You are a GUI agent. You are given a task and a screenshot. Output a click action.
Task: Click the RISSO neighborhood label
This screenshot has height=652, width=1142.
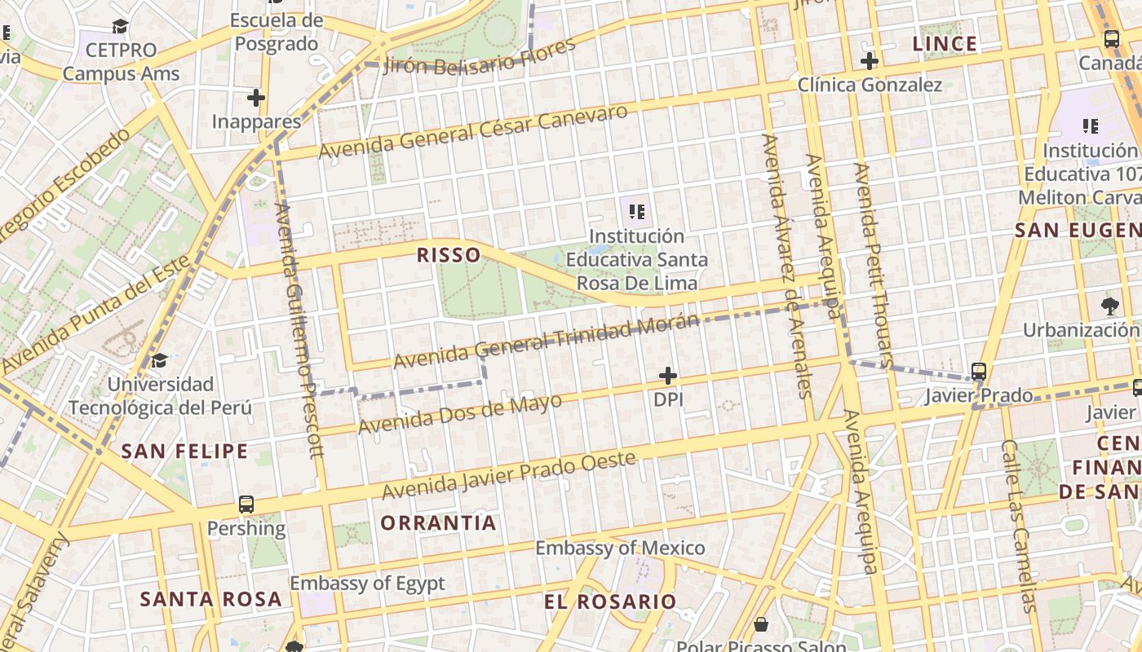449,255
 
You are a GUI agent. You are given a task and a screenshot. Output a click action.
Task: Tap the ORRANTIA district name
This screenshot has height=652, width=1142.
438,523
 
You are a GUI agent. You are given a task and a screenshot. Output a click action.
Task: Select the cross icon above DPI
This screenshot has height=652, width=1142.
668,376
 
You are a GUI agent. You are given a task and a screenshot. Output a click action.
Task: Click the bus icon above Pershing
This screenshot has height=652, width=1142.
246,504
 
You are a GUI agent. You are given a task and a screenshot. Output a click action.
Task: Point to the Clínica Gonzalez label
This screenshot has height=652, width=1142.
870,85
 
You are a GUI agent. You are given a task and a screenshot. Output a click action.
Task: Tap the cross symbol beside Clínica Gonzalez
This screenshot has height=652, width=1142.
870,60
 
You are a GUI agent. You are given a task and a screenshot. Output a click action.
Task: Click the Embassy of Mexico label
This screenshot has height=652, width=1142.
620,548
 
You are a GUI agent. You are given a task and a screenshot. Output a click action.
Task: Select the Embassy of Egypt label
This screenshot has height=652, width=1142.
368,584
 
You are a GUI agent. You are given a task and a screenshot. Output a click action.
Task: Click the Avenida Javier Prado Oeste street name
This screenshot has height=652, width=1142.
509,475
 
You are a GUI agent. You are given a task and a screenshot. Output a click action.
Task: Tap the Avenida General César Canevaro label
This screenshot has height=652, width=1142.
473,131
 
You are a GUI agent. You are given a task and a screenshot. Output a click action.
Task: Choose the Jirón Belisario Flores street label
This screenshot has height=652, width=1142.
479,55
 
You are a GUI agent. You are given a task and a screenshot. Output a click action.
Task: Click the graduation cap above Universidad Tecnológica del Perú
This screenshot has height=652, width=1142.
160,360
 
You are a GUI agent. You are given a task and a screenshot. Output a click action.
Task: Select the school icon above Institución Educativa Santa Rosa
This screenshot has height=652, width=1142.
637,213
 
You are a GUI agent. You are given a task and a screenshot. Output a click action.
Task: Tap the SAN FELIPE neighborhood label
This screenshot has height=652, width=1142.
184,452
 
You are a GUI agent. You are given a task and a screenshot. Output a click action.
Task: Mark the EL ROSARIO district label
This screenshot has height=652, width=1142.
610,602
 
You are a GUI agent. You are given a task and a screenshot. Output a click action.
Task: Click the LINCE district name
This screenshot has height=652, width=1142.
945,44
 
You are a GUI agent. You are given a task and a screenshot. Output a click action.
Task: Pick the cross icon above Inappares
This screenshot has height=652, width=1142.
256,99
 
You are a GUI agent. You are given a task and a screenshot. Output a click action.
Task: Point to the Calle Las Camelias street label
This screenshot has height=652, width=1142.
1019,526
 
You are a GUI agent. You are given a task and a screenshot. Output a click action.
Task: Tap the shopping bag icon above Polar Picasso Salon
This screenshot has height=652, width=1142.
761,625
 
